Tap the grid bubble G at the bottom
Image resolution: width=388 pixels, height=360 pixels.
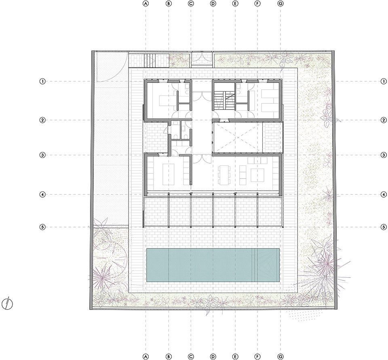[281, 356]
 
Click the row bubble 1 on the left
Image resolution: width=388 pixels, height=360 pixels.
[42, 81]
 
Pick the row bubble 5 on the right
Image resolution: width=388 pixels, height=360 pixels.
[382, 227]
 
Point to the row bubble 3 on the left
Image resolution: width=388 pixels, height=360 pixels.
[42, 155]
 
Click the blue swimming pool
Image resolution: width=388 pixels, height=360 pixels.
[213, 265]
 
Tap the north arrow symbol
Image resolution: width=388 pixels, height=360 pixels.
[8, 303]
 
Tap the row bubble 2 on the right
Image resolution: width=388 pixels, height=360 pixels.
[382, 120]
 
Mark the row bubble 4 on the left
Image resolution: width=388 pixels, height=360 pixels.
[42, 194]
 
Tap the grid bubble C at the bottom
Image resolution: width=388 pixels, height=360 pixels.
[191, 356]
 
